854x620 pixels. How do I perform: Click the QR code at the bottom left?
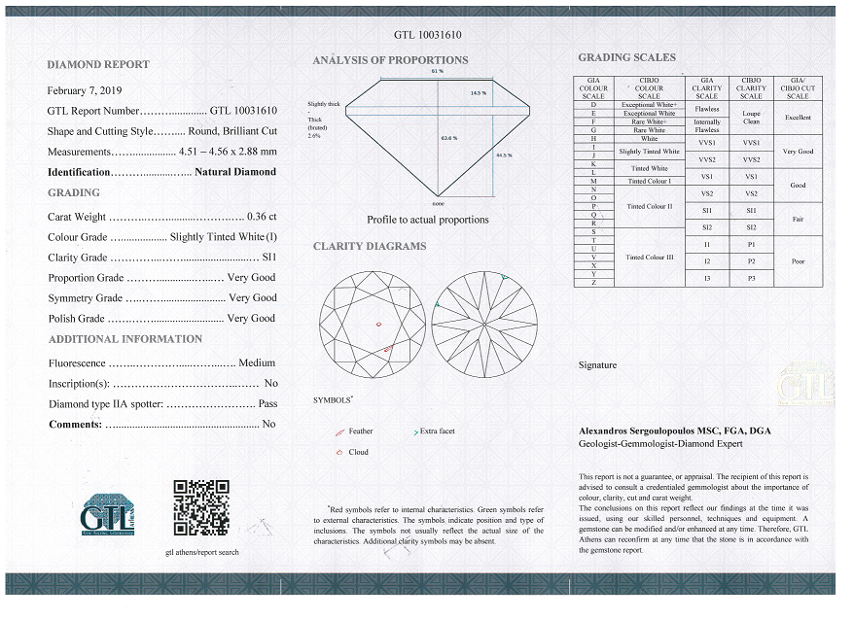pyautogui.click(x=200, y=507)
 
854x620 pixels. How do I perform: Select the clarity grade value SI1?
pyautogui.click(x=269, y=258)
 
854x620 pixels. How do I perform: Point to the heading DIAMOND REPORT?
pyautogui.click(x=98, y=64)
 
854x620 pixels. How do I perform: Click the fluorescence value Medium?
pyautogui.click(x=257, y=362)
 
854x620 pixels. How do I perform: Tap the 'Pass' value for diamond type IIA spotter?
pyautogui.click(x=267, y=403)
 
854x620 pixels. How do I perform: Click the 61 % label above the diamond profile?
pyautogui.click(x=437, y=71)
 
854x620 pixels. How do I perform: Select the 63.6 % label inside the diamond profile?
pyautogui.click(x=448, y=137)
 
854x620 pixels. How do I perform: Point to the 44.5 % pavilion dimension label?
pyautogui.click(x=504, y=155)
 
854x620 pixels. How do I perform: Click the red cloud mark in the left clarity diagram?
pyautogui.click(x=379, y=324)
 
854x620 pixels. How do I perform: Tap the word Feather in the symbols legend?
pyautogui.click(x=360, y=431)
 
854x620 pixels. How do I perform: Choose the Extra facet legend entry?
pyautogui.click(x=437, y=431)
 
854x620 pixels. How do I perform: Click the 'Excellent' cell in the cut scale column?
pyautogui.click(x=798, y=118)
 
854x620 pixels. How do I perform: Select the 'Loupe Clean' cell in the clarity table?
pyautogui.click(x=751, y=118)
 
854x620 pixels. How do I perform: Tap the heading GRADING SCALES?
pyautogui.click(x=626, y=57)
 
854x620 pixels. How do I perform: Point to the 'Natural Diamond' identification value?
pyautogui.click(x=235, y=172)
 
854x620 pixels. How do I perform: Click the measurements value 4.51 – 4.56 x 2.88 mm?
pyautogui.click(x=228, y=152)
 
